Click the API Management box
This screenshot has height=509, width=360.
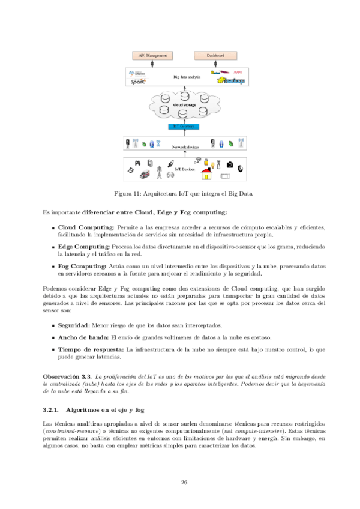(152, 56)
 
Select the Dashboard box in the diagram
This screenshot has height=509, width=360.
(215, 56)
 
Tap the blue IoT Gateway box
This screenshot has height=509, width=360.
(184, 127)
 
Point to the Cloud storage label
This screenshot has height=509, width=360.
(184, 105)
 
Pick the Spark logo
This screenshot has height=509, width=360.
(137, 82)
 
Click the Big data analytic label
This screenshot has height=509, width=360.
(185, 77)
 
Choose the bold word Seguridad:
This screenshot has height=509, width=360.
(74, 325)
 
